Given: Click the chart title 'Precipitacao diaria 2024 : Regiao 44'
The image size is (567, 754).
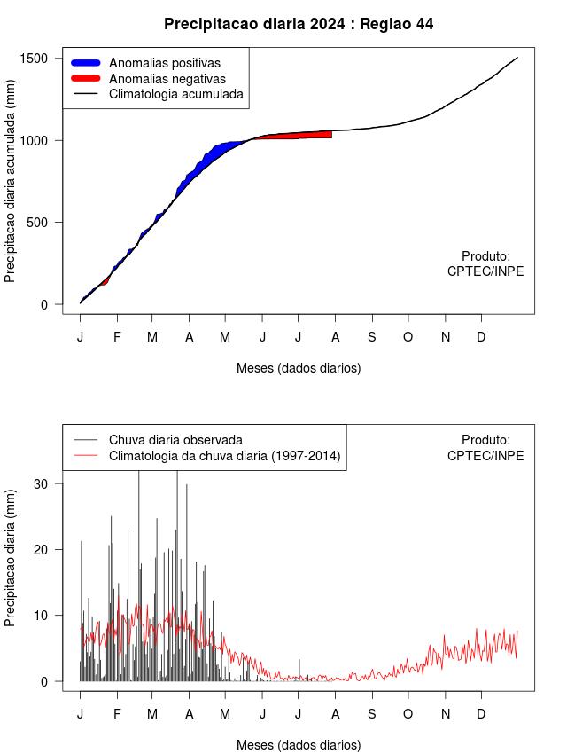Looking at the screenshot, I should pos(299,24).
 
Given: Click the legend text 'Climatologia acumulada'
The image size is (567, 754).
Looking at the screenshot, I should pos(176,94).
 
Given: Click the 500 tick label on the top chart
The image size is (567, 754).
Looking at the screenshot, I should pos(38,223).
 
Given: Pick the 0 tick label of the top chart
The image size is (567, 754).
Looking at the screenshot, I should pos(43,304).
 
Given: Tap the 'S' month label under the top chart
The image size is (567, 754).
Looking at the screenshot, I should pos(372,337).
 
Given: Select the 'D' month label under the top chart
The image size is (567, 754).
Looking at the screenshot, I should pos(481,337).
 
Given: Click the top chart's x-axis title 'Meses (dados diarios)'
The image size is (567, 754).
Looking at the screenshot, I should pos(299,367).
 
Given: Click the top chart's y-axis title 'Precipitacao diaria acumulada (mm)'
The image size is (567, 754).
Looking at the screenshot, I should pos(11,181).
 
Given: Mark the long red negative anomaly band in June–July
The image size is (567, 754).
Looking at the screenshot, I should pos(297,135).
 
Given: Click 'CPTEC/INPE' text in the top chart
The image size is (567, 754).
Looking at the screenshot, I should pos(485,271).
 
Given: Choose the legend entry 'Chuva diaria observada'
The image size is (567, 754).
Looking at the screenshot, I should pos(175,440).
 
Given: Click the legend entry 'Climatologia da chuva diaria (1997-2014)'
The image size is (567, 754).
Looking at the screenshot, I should pos(225,456).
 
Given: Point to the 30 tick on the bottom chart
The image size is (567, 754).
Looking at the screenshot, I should pos(43,483).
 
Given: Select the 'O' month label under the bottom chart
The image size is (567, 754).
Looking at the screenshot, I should pos(408,714).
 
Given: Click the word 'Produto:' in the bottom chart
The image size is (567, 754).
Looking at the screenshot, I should pos(485,440).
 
